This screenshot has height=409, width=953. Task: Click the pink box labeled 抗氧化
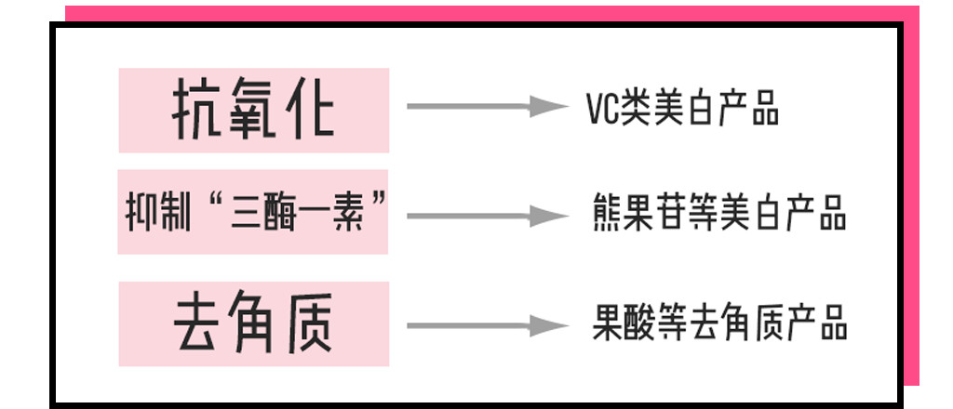(x=253, y=109)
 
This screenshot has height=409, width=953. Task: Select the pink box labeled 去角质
(x=253, y=323)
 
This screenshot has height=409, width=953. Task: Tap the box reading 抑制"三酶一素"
(x=253, y=212)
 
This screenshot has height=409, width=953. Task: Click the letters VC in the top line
(x=605, y=109)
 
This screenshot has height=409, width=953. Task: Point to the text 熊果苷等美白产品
(x=719, y=213)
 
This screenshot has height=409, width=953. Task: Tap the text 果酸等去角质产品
(x=719, y=325)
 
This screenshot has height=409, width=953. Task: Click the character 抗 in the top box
(x=196, y=110)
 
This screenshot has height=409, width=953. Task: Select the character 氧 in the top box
(x=253, y=110)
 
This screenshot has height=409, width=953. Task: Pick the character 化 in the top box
(x=308, y=110)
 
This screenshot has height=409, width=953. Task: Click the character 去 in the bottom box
(x=197, y=324)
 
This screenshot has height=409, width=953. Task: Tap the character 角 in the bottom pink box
(x=253, y=324)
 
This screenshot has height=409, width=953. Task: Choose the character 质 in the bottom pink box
(x=308, y=324)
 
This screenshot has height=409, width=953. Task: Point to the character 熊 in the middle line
(x=610, y=213)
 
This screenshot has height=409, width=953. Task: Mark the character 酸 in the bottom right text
(x=641, y=325)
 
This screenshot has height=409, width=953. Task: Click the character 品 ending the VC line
(x=762, y=109)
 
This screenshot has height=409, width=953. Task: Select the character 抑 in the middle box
(x=137, y=213)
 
